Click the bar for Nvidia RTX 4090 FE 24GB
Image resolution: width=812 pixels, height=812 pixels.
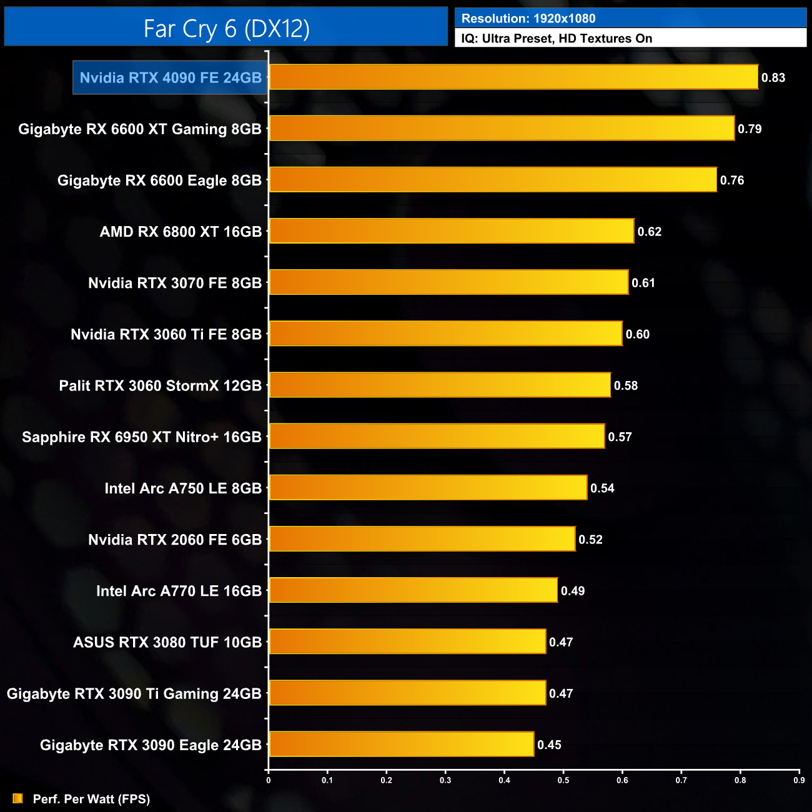click(x=513, y=77)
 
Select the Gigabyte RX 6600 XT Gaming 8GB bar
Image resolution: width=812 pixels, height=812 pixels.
click(x=502, y=129)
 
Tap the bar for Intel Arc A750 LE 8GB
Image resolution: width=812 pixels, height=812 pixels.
click(x=428, y=488)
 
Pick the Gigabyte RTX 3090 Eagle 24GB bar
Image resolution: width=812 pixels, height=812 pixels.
click(x=401, y=745)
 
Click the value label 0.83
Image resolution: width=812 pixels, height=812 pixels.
click(x=773, y=78)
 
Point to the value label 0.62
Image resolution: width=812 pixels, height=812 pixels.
click(x=650, y=232)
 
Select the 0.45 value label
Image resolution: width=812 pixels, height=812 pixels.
click(x=550, y=745)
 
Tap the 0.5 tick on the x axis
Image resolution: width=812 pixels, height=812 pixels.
click(x=563, y=780)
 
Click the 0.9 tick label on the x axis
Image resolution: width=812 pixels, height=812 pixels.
click(x=799, y=780)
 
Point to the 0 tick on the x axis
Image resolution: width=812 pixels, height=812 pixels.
click(x=269, y=780)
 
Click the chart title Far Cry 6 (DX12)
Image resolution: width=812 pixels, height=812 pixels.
click(x=226, y=28)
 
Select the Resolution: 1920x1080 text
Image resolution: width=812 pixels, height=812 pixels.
click(x=528, y=19)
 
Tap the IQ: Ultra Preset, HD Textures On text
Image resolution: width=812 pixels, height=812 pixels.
click(x=557, y=39)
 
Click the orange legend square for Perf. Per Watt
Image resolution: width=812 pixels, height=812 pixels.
click(x=17, y=799)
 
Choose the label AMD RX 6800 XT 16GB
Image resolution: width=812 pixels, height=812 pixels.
click(x=181, y=232)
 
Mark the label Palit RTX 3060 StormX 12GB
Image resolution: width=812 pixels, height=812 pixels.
click(x=160, y=385)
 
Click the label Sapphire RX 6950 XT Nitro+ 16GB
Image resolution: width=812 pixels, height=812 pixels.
click(x=141, y=437)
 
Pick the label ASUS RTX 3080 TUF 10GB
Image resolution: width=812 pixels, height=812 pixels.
click(x=167, y=642)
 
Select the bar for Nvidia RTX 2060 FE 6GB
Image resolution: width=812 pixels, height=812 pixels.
click(x=422, y=539)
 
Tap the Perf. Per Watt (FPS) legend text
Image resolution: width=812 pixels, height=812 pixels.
click(x=91, y=799)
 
